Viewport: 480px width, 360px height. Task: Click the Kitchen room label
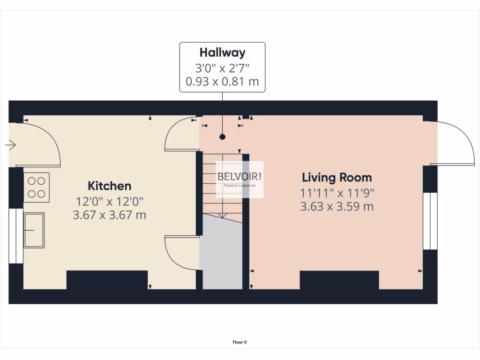pyautogui.click(x=110, y=186)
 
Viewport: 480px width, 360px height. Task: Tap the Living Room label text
pyautogui.click(x=337, y=178)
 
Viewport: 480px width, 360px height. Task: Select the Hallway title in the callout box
pyautogui.click(x=222, y=52)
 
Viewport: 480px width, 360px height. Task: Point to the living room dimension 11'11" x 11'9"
pyautogui.click(x=337, y=192)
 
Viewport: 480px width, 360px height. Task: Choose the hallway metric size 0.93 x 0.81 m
pyautogui.click(x=222, y=82)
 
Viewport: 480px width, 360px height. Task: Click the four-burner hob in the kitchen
pyautogui.click(x=36, y=187)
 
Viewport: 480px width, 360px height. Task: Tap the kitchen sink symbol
pyautogui.click(x=34, y=230)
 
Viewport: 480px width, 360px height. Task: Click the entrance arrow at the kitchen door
pyautogui.click(x=10, y=145)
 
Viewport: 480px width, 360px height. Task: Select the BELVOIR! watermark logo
pyautogui.click(x=240, y=177)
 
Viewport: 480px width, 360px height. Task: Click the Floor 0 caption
pyautogui.click(x=240, y=342)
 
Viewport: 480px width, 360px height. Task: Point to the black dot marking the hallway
pyautogui.click(x=222, y=137)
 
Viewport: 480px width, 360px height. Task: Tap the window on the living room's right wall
pyautogui.click(x=430, y=221)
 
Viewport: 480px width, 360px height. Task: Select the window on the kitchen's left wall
pyautogui.click(x=15, y=236)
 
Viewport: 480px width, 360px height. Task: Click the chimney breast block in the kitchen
pyautogui.click(x=107, y=280)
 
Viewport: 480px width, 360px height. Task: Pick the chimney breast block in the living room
pyautogui.click(x=339, y=280)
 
